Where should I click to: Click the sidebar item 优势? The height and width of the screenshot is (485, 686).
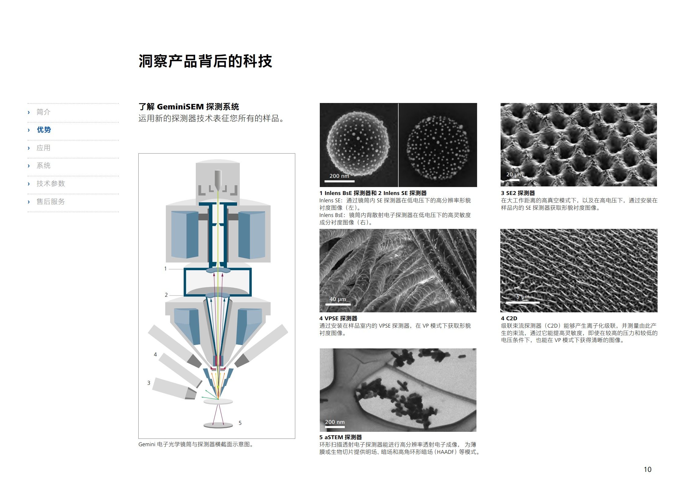pyautogui.click(x=44, y=130)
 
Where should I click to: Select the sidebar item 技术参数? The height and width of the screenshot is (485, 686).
pyautogui.click(x=51, y=184)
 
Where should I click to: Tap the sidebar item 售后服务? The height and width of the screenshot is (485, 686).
pyautogui.click(x=51, y=202)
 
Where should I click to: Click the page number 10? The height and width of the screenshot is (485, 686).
pyautogui.click(x=647, y=469)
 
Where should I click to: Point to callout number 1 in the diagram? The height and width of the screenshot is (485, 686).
pyautogui.click(x=166, y=269)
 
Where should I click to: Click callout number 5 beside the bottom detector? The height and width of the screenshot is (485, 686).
pyautogui.click(x=240, y=423)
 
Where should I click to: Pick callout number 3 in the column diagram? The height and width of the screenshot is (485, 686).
pyautogui.click(x=149, y=383)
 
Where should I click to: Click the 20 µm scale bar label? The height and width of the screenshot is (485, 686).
pyautogui.click(x=514, y=175)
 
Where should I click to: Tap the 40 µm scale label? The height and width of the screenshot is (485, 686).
pyautogui.click(x=338, y=299)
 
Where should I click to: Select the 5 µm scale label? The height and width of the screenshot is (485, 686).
pyautogui.click(x=523, y=297)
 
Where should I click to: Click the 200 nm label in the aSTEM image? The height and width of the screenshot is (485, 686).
pyautogui.click(x=335, y=422)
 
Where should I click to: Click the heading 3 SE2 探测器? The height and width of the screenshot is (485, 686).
pyautogui.click(x=518, y=193)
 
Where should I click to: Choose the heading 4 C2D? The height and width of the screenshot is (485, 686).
pyautogui.click(x=509, y=318)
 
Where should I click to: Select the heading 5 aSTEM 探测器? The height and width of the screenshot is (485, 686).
pyautogui.click(x=341, y=437)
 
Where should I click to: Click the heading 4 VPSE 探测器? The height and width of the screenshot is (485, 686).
pyautogui.click(x=338, y=318)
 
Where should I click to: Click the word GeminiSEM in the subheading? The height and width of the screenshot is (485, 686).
pyautogui.click(x=180, y=107)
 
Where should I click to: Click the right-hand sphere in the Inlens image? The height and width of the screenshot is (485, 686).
pyautogui.click(x=438, y=148)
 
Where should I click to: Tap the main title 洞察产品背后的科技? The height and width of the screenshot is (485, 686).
pyautogui.click(x=205, y=61)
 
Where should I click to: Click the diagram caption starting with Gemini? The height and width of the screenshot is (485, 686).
pyautogui.click(x=196, y=444)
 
